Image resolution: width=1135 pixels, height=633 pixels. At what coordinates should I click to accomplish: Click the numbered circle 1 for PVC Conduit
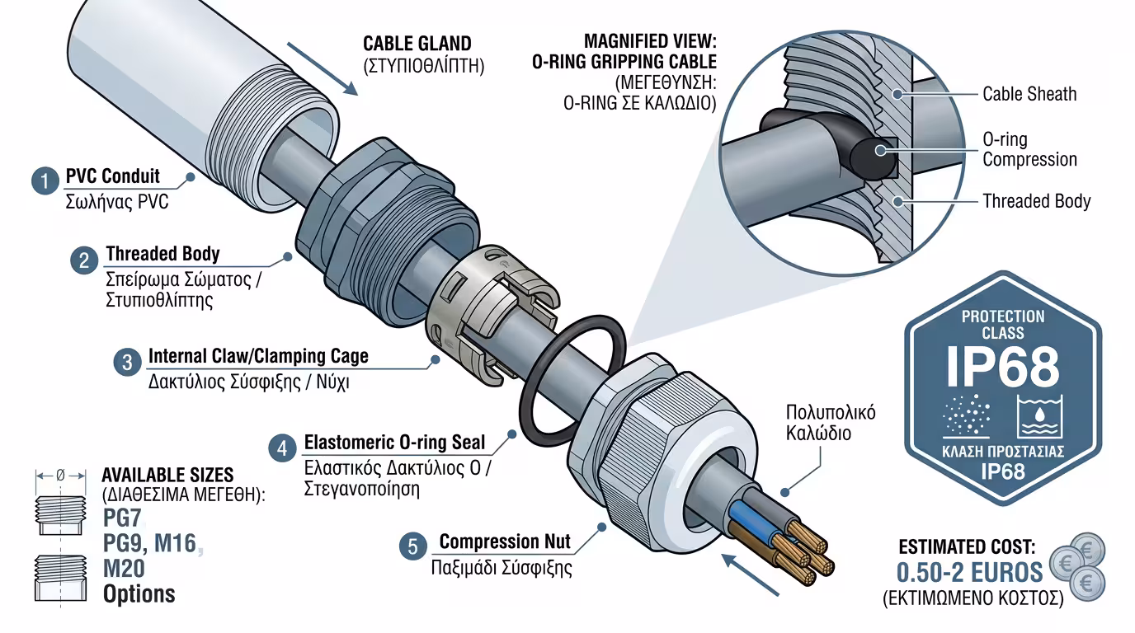[45, 181]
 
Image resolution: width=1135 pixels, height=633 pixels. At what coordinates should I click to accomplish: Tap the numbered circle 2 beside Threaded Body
[85, 260]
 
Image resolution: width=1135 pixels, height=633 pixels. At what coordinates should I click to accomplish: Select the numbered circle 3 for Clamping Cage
[127, 363]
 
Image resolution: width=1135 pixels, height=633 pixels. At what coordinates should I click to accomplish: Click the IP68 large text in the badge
[1002, 368]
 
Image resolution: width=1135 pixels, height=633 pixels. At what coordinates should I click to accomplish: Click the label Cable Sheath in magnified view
[1029, 94]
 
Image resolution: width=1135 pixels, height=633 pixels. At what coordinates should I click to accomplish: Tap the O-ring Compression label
[1029, 149]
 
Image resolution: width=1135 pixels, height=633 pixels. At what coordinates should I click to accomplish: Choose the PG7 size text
[123, 519]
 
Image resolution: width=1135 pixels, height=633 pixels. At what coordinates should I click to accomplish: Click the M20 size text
[124, 569]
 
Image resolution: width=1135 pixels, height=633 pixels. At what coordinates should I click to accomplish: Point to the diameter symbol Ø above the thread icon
[60, 476]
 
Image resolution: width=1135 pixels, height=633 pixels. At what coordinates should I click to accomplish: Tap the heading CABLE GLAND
[417, 44]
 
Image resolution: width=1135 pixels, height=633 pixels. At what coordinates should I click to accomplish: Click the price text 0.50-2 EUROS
[970, 573]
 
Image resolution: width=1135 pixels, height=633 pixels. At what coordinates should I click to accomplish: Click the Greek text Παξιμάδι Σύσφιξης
[502, 569]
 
